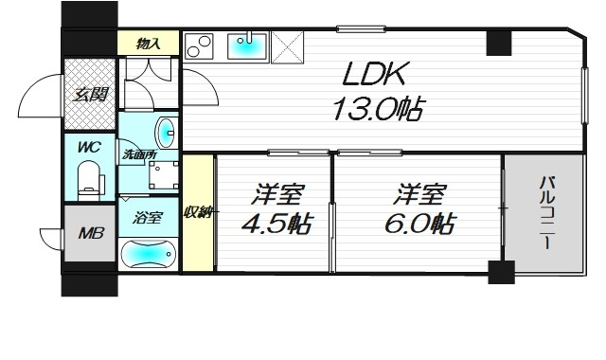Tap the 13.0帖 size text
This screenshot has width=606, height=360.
click(376, 109)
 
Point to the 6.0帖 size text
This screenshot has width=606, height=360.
click(419, 225)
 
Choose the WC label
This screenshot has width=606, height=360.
click(89, 148)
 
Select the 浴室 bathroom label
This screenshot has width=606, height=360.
click(148, 217)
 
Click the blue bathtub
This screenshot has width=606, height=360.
click(150, 255)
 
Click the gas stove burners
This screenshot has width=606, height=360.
click(200, 47)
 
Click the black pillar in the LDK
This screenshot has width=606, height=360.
click(498, 44)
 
